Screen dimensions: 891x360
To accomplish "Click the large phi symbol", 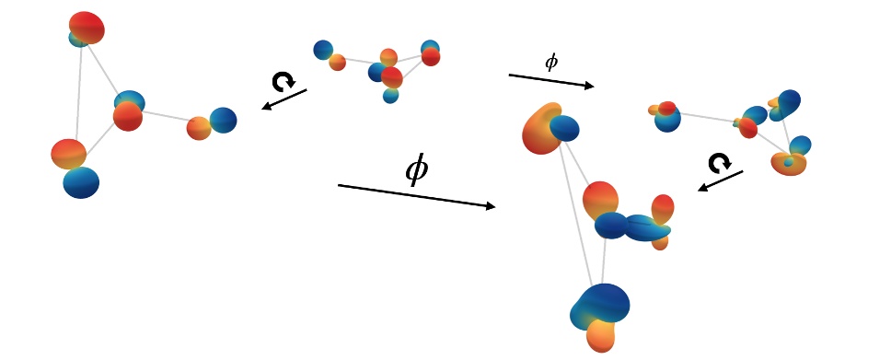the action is (417, 170).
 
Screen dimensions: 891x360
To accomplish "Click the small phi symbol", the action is (551, 63).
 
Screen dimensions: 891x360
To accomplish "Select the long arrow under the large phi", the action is (417, 196).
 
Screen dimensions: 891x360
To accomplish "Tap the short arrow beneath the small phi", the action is (551, 82).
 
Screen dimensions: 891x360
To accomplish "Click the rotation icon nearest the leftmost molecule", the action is (282, 81).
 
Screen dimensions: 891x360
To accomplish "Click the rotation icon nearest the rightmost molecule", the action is (718, 163).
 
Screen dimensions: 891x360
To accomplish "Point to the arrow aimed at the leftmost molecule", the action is (284, 99).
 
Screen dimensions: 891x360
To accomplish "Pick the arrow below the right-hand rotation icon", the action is (721, 180).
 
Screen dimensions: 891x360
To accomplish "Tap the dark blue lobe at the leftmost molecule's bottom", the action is (81, 182).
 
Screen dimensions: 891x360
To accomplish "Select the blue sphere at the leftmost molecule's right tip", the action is (223, 120).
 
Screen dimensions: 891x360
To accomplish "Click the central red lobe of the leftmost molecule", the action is (127, 117).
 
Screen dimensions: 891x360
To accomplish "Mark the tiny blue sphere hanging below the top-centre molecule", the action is (391, 94).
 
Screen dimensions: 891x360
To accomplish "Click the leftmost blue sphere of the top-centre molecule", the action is (322, 50).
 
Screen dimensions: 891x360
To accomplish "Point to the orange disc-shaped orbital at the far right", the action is (789, 164).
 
